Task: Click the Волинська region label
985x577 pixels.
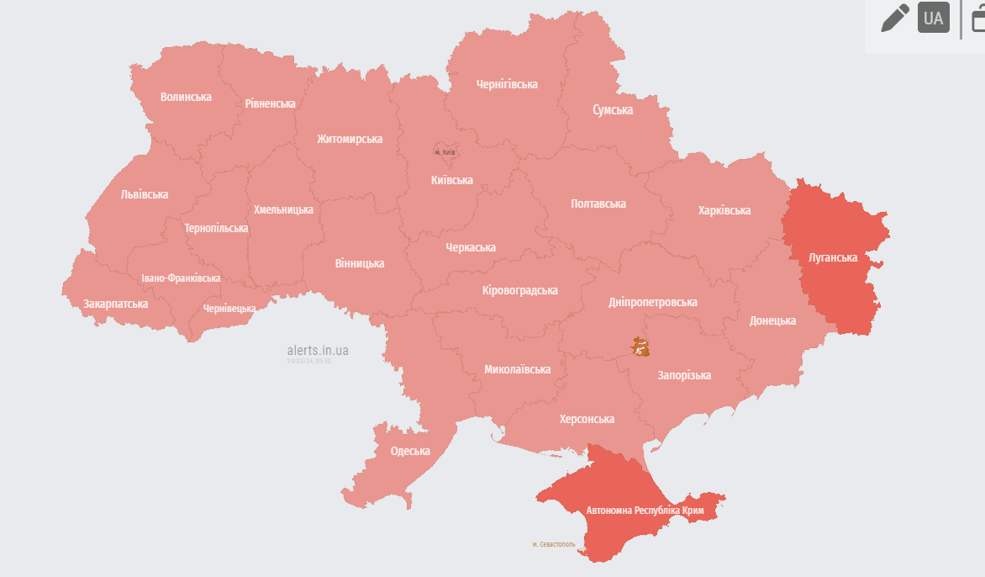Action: coord(186,97)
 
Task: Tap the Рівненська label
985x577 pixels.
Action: coord(270,103)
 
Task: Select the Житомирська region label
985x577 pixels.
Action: coord(350,139)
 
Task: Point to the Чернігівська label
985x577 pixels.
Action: coord(507,84)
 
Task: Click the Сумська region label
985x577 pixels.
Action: coord(613,110)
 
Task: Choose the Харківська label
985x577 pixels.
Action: coord(724,210)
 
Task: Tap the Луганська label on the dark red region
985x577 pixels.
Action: coord(832,257)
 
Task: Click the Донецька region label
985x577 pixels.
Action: coord(772,320)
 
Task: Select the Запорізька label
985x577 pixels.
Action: coord(684,375)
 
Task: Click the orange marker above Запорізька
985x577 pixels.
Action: coord(640,347)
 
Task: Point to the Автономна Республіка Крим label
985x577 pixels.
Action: coord(645,511)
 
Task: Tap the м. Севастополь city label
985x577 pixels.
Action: coord(554,544)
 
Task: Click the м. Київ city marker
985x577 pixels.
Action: coord(445,151)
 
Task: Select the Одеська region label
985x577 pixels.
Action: coord(410,451)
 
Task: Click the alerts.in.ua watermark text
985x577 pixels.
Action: coord(318,350)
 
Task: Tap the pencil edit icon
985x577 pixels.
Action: coord(894,18)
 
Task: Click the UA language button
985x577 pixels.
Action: coord(933,18)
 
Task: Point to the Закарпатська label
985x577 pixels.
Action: coord(115,304)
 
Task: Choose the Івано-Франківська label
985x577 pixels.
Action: coord(181,278)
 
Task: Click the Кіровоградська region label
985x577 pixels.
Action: coord(520,290)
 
